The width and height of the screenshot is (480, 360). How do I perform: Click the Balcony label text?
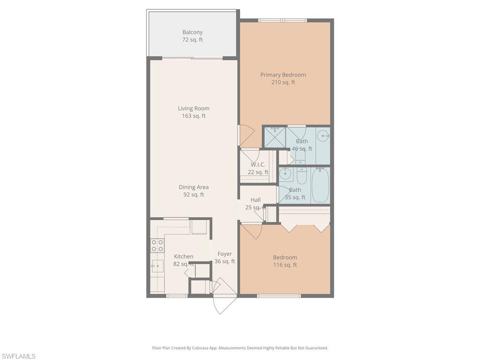point(193,32)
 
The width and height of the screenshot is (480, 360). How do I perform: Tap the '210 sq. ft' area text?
point(283,82)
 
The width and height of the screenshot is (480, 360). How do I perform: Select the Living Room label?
point(194,108)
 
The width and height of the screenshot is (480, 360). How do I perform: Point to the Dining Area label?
point(194,187)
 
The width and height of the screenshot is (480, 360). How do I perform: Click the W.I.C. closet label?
point(258,165)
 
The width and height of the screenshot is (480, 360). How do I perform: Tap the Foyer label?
point(225,254)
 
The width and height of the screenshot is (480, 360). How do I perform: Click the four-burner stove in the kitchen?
point(157,246)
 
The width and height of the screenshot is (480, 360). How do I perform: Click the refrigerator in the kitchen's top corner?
point(198,227)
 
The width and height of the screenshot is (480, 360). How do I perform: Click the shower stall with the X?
point(275,138)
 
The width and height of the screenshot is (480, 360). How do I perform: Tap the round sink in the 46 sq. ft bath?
point(323,136)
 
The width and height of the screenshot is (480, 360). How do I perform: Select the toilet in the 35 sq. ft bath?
point(302,175)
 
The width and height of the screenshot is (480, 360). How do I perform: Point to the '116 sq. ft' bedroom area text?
point(285,265)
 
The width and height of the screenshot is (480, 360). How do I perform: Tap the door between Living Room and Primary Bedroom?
point(246,135)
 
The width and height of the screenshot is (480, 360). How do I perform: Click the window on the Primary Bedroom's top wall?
point(283,20)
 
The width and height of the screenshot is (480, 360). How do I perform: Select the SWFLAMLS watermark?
point(18,357)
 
